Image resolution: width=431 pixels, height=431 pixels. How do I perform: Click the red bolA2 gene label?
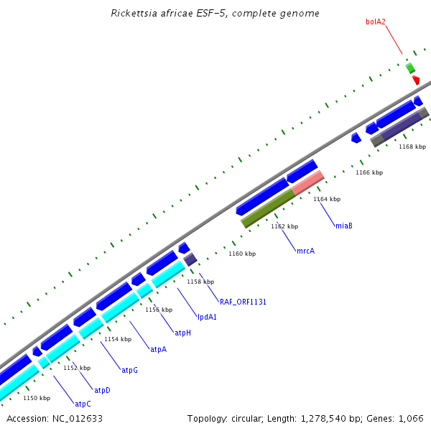pyautogui.click(x=376, y=22)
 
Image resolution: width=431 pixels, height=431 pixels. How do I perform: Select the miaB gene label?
pyautogui.click(x=344, y=226)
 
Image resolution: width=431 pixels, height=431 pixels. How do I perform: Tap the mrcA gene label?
pyautogui.click(x=306, y=251)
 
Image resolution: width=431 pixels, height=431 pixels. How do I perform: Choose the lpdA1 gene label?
pyautogui.click(x=208, y=316)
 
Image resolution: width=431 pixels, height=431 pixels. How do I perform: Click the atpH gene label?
pyautogui.click(x=183, y=333)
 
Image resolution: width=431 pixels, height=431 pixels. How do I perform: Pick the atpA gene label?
pyautogui.click(x=158, y=349)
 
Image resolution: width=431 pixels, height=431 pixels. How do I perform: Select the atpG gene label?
pyautogui.click(x=129, y=370)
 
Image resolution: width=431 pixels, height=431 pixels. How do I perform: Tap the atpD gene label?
pyautogui.click(x=103, y=390)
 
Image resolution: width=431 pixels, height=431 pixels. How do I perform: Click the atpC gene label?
pyautogui.click(x=83, y=404)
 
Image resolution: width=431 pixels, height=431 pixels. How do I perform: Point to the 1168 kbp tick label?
pyautogui.click(x=412, y=147)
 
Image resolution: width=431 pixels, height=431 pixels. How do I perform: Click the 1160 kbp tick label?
pyautogui.click(x=242, y=254)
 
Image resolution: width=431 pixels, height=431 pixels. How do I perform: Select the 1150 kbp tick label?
pyautogui.click(x=37, y=397)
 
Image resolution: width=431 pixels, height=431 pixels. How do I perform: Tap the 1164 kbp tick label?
pyautogui.click(x=327, y=199)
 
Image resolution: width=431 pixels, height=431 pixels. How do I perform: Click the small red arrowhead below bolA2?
pyautogui.click(x=416, y=80)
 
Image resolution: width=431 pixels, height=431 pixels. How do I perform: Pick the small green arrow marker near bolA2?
pyautogui.click(x=410, y=68)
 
